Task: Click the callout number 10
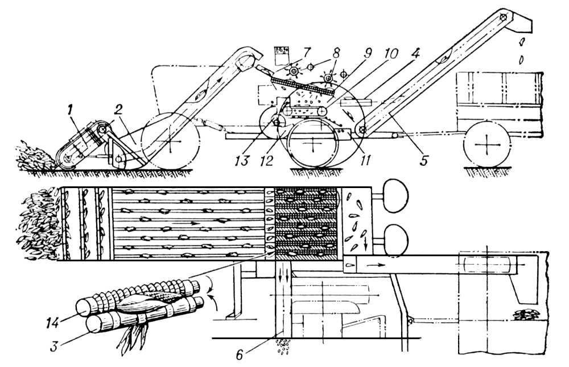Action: pos(390,53)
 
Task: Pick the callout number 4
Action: pos(415,54)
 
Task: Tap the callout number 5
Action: pos(424,160)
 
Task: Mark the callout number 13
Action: pos(241,160)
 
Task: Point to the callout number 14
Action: pos(53,322)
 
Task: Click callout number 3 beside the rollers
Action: pos(54,346)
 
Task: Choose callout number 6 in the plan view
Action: pos(239,355)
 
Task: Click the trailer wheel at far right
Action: pos(486,144)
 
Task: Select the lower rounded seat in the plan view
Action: pos(396,239)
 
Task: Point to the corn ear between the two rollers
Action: pos(150,302)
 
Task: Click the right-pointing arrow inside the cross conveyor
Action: pos(375,265)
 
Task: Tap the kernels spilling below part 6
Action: pos(283,345)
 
